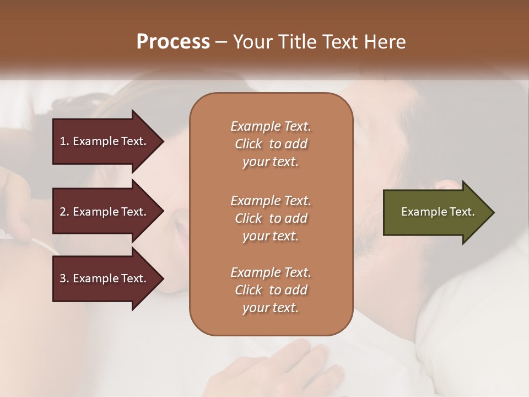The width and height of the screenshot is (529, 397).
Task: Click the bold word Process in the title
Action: (x=173, y=42)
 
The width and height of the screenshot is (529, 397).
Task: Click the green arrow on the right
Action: (x=435, y=212)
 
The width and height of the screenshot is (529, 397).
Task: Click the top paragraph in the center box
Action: (x=271, y=144)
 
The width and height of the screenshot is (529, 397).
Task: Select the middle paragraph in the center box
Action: (x=271, y=218)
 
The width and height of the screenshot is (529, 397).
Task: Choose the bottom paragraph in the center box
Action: (x=271, y=290)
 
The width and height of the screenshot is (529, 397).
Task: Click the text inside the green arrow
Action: (x=438, y=212)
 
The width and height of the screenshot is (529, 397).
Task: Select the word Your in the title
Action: (x=251, y=42)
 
